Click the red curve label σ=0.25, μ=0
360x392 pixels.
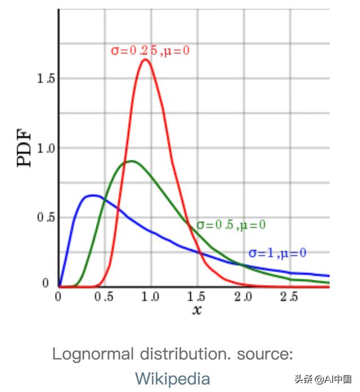[150, 51]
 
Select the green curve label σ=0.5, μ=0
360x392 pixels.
[231, 225]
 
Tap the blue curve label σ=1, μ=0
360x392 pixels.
[277, 253]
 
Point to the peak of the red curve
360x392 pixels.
[145, 59]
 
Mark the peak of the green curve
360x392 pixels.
[131, 161]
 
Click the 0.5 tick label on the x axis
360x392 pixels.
[104, 297]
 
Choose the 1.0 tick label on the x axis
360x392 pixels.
[150, 297]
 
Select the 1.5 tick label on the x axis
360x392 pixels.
[197, 297]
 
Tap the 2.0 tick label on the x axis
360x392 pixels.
[243, 297]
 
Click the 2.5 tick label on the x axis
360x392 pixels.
[289, 297]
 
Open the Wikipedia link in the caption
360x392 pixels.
[172, 378]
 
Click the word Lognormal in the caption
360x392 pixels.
[93, 355]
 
